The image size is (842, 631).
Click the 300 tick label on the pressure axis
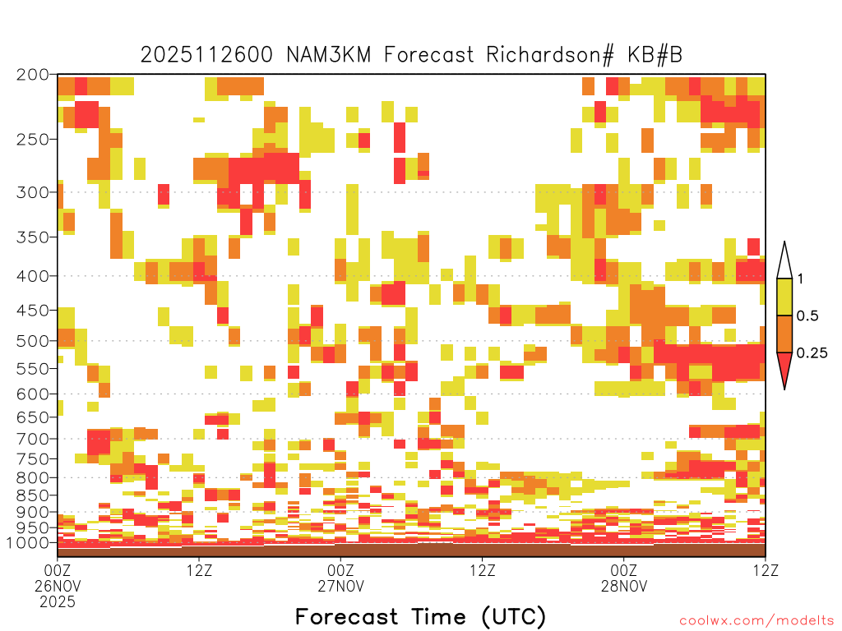33,192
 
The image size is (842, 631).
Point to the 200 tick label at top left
33,75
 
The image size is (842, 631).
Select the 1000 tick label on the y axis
29,543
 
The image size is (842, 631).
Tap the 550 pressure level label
33,369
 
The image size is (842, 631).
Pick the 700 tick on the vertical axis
33,439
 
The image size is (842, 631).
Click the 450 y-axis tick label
33,311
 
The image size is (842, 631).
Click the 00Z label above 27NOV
341,570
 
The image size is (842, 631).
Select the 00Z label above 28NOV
624,570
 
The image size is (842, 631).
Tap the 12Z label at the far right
766,570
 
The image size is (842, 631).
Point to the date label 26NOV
58,586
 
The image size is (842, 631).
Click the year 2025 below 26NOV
58,602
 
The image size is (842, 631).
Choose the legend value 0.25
812,353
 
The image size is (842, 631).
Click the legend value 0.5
807,316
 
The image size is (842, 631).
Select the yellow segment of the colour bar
784,297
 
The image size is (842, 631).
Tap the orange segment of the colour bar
784,334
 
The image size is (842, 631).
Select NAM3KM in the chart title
329,55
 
